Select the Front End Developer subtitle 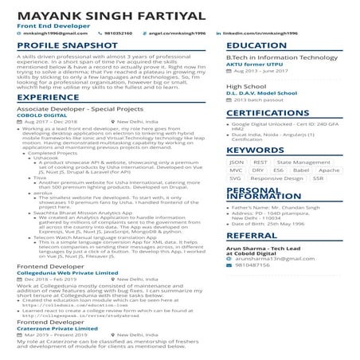(x=47, y=25)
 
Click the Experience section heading (x=47, y=97)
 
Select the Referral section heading (x=252, y=236)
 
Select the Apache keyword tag (x=328, y=170)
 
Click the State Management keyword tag (x=303, y=162)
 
